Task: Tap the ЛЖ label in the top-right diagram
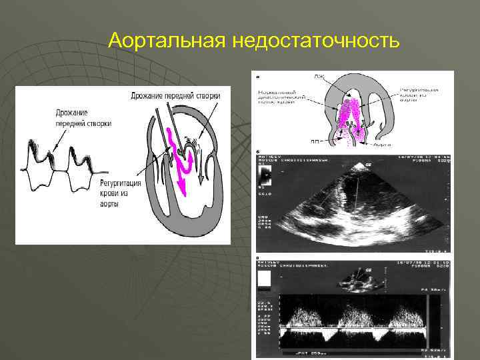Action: coord(319,78)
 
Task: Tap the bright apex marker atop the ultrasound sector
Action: coord(367,164)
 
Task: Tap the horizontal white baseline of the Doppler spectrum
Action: coord(353,328)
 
